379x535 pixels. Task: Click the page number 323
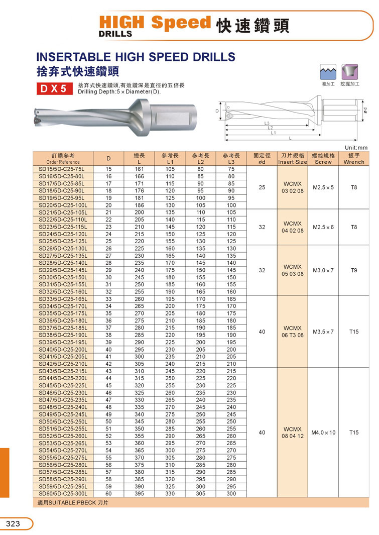(x=13, y=524)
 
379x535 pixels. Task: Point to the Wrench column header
(x=354, y=159)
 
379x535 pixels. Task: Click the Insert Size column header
(x=293, y=159)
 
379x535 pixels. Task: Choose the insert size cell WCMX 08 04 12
(x=293, y=433)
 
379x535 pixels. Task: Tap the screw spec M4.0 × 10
(x=324, y=433)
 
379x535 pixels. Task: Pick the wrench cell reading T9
(x=354, y=270)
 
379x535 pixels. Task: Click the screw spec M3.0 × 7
(x=324, y=270)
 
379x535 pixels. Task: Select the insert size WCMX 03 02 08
(x=293, y=187)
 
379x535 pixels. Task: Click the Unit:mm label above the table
(x=357, y=147)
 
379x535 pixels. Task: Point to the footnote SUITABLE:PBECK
(x=73, y=502)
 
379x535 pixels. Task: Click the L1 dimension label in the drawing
(x=273, y=133)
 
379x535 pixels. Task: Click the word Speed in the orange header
(x=181, y=23)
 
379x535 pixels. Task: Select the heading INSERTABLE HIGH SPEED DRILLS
(x=136, y=56)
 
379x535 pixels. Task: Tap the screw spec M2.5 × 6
(x=324, y=227)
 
